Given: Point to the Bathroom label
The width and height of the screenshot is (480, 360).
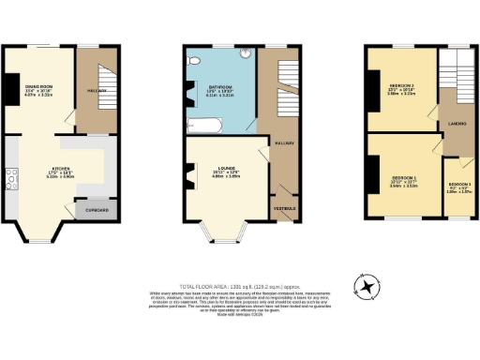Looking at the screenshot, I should coord(221,86).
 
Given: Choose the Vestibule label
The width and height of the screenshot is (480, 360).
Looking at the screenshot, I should coord(284,208).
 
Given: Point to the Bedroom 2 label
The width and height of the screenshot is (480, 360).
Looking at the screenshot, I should coord(401,85).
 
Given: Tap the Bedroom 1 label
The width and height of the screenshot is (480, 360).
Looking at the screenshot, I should coord(403,177).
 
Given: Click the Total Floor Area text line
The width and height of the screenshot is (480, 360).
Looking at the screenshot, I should coord(239,286).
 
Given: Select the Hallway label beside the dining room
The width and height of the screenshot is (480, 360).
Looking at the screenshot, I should coord(97,90).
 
